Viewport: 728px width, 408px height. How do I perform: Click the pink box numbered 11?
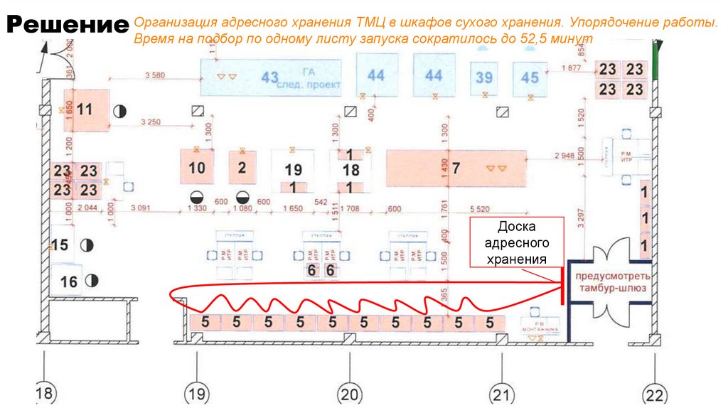[x=86, y=110]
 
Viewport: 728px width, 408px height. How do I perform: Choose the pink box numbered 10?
[x=197, y=168]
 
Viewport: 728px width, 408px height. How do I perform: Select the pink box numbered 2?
[x=242, y=168]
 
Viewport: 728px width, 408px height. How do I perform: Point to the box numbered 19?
[x=293, y=170]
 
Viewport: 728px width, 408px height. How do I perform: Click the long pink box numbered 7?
[x=456, y=168]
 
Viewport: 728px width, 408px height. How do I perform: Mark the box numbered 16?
[x=68, y=281]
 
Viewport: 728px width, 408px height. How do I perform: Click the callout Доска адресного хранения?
[x=516, y=242]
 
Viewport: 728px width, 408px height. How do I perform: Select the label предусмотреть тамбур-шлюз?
[x=611, y=281]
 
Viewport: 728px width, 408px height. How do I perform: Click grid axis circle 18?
[x=45, y=393]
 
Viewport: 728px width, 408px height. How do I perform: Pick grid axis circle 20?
[x=350, y=393]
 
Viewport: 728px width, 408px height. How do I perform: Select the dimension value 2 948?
[x=565, y=156]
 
